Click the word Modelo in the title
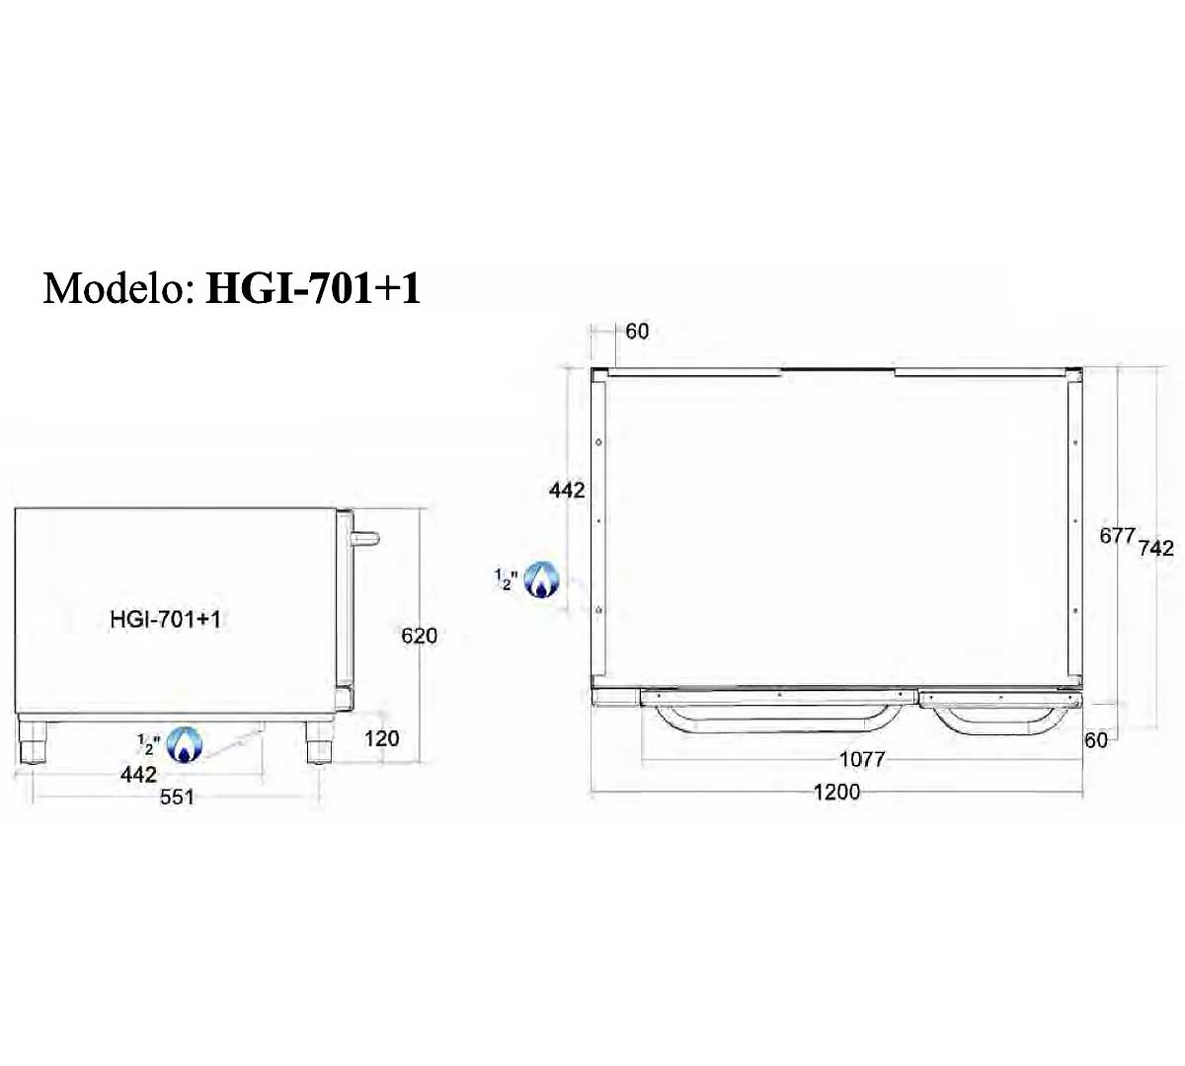click(x=118, y=288)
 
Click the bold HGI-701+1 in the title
click(x=313, y=288)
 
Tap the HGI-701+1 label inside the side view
click(x=165, y=620)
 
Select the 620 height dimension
click(x=420, y=636)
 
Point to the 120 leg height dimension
click(x=381, y=738)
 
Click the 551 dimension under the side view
click(x=177, y=798)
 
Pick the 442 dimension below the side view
click(x=138, y=774)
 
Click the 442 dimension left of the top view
click(x=567, y=491)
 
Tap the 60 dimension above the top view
click(x=637, y=332)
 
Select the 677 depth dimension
click(x=1118, y=536)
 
